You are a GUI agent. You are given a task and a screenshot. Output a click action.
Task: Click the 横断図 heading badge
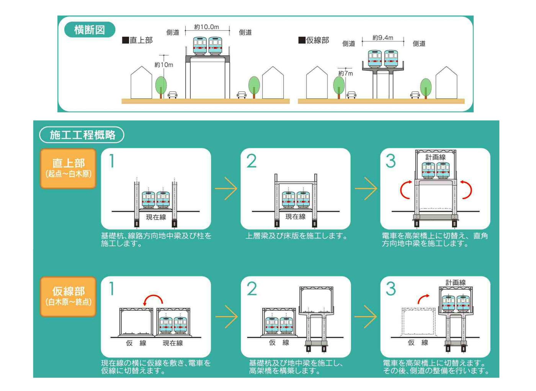coord(90,29)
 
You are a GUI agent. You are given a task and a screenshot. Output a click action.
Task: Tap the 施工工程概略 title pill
coord(82,135)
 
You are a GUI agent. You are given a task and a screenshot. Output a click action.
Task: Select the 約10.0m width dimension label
coord(206,27)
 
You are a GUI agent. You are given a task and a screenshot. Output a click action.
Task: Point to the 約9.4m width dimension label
coord(382,38)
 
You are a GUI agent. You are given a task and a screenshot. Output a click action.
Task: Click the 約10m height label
coord(164,65)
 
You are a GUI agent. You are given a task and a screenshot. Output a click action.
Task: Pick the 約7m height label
coord(345,73)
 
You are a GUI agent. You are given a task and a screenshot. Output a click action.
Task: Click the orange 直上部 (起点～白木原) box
coord(69,169)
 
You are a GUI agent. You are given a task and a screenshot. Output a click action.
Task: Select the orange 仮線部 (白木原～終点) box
coord(69,297)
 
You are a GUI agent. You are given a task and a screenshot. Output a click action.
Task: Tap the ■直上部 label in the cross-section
coord(137,40)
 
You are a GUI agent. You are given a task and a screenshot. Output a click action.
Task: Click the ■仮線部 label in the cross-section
coord(314,40)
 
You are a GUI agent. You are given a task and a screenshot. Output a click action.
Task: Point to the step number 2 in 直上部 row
coord(252,161)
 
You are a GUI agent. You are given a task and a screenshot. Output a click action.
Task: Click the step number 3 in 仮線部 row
coord(391,289)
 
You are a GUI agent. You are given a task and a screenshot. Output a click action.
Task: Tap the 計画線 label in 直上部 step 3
coord(436,157)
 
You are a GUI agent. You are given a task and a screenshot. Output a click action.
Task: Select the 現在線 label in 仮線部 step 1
coord(173,343)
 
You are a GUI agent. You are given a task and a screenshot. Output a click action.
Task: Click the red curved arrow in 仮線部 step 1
coord(153,297)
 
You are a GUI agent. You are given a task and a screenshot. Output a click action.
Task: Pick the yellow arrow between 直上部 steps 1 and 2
coord(226,188)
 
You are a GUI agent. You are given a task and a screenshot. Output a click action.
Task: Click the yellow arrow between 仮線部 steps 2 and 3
coord(366,317)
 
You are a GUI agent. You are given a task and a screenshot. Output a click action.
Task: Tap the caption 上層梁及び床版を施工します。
coord(296,236)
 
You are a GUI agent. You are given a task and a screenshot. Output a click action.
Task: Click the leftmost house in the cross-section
coord(141,83)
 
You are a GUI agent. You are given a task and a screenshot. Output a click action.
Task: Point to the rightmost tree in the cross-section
coord(426,88)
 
